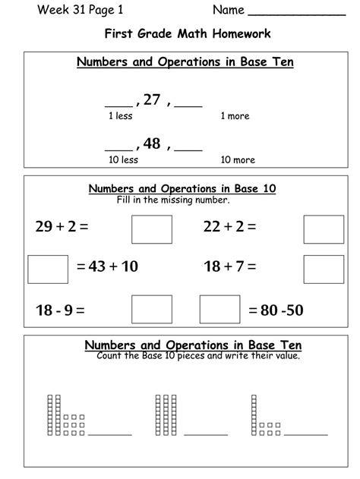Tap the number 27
click(x=152, y=99)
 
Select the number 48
click(x=152, y=143)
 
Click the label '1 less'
click(x=122, y=116)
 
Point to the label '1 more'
click(x=235, y=116)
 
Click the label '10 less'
click(x=124, y=160)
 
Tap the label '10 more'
click(x=237, y=160)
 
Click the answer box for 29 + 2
click(x=152, y=228)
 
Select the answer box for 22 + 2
click(x=324, y=228)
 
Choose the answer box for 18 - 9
click(x=152, y=310)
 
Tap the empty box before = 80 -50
click(x=219, y=310)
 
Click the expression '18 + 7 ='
click(x=229, y=267)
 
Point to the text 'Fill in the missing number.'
click(x=173, y=200)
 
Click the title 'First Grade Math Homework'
click(x=179, y=34)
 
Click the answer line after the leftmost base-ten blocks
click(x=110, y=434)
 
